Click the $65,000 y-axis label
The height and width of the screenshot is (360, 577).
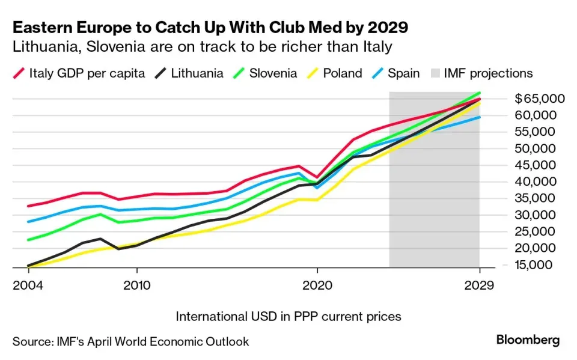pos(540,99)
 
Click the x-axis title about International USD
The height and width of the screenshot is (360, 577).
pos(288,316)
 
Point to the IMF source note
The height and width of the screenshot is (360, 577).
pos(130,341)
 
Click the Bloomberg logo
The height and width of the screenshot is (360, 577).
pos(528,340)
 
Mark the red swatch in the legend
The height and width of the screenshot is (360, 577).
pos(19,73)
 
